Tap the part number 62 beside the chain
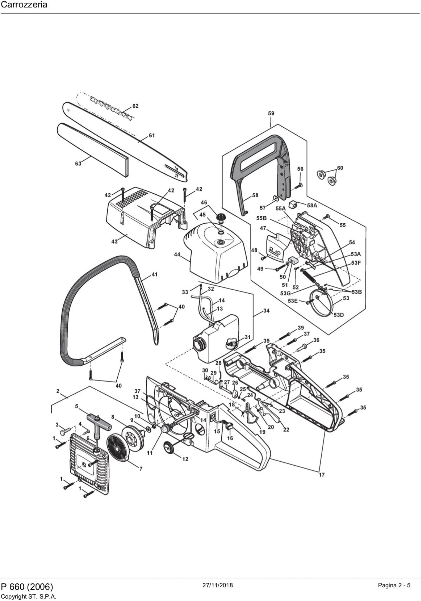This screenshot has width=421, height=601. [135, 106]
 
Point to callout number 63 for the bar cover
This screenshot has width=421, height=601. [78, 164]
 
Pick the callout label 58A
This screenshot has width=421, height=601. [312, 206]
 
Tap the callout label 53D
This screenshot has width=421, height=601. [339, 315]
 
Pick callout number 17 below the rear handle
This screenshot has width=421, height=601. [322, 475]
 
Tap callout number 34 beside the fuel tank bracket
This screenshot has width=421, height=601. [266, 311]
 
